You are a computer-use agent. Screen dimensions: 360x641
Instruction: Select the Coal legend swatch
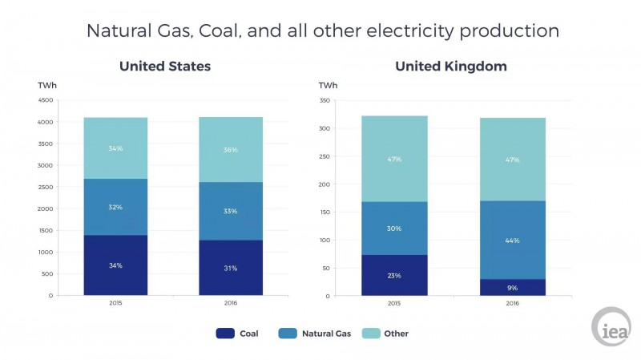tap(225, 333)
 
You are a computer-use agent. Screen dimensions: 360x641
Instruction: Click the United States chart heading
tap(165, 67)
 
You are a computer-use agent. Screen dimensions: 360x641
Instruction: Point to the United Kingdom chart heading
tap(450, 67)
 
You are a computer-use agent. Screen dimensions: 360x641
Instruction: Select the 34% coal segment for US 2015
tap(115, 265)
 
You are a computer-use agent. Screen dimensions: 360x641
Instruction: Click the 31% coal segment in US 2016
tap(231, 268)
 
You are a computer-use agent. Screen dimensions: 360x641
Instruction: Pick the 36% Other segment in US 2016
tap(231, 150)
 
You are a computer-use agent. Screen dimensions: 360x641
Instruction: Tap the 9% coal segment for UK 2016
tap(513, 287)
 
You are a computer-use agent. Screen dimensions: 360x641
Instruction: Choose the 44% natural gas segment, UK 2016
tap(513, 240)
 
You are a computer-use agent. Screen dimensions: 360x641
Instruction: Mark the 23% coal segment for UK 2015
tap(394, 275)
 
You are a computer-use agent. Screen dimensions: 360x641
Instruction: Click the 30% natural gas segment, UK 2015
tap(394, 229)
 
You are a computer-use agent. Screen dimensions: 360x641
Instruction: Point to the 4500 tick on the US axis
tap(46, 101)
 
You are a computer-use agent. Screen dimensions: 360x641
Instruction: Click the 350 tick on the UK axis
tap(325, 101)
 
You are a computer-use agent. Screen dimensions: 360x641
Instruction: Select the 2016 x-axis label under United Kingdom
tap(513, 304)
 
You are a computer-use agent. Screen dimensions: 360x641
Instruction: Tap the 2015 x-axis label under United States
tap(115, 304)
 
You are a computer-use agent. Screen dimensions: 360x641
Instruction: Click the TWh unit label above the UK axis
tap(328, 85)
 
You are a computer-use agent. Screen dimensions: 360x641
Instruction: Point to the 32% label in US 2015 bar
tap(115, 207)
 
